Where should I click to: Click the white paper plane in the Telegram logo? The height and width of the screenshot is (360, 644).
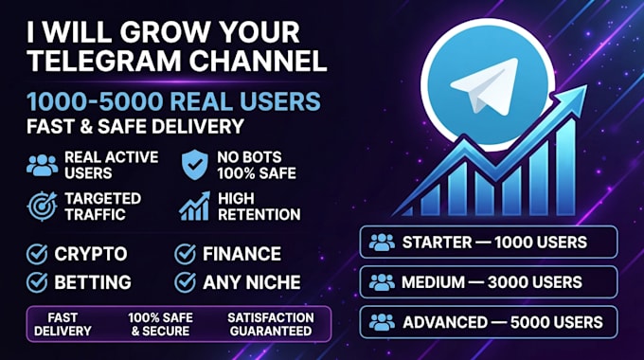[x=484, y=85]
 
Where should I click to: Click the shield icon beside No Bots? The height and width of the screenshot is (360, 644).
[x=195, y=165]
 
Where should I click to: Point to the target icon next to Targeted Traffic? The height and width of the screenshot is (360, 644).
[x=42, y=206]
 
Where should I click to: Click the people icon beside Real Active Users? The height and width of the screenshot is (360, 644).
[x=42, y=165]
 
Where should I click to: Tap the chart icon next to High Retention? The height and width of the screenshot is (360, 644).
[x=195, y=206]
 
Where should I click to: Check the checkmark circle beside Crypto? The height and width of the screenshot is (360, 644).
[x=37, y=254]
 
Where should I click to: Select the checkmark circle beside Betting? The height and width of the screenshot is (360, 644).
[x=37, y=282]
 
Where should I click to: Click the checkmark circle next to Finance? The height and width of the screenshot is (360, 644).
[x=185, y=254]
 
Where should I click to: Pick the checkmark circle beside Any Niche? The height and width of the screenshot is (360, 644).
[x=185, y=282]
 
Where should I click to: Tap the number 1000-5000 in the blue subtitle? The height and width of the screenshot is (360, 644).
[x=96, y=101]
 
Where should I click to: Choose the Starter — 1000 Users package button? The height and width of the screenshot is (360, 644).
[x=489, y=243]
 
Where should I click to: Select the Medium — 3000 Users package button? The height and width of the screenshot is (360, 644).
[x=489, y=282]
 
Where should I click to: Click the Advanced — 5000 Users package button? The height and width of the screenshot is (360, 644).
[x=489, y=322]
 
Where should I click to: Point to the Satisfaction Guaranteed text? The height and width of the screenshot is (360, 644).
[x=271, y=324]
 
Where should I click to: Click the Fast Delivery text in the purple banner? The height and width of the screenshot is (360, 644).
[x=63, y=324]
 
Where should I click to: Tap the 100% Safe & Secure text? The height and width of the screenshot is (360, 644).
[x=160, y=324]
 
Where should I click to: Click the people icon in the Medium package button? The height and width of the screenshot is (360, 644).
[x=382, y=282]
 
